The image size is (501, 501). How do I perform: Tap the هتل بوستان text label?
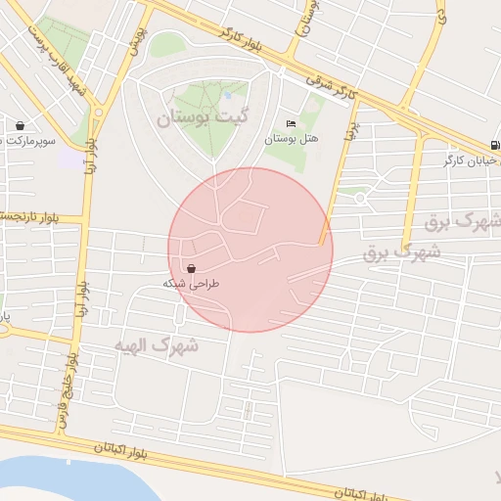pyautogui.click(x=291, y=139)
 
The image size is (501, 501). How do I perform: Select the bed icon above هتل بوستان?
pyautogui.click(x=290, y=124)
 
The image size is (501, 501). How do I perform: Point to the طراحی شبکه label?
pyautogui.click(x=191, y=283)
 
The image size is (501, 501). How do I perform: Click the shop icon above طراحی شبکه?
pyautogui.click(x=190, y=268)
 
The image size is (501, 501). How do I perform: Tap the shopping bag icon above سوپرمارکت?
pyautogui.click(x=20, y=125)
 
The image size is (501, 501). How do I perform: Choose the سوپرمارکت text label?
pyautogui.click(x=26, y=142)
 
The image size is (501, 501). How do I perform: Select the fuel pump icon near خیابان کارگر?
pyautogui.click(x=495, y=145)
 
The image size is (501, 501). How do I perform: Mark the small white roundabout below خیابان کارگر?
pyautogui.click(x=360, y=199)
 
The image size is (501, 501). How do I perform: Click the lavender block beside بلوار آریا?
pyautogui.click(x=70, y=157)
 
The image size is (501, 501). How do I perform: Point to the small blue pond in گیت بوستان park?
pyautogui.click(x=228, y=95)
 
